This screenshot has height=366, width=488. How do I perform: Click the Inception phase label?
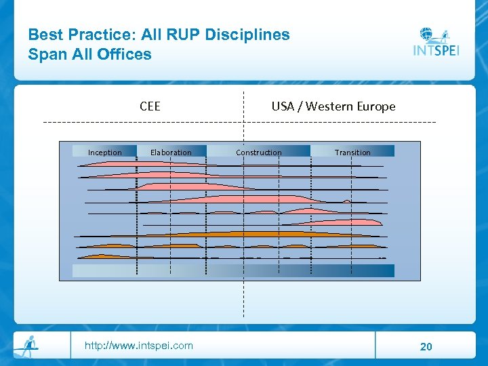tap(105, 152)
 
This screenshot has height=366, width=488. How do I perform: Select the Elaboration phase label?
tap(171, 152)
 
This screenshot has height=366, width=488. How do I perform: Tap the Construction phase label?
tap(258, 152)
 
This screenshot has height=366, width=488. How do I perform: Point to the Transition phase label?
tap(352, 152)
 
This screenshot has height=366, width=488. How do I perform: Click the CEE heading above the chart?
tap(150, 106)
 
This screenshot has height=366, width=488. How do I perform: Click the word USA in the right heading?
tap(283, 106)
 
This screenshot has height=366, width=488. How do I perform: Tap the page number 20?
tap(426, 347)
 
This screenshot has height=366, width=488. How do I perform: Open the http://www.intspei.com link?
tap(138, 346)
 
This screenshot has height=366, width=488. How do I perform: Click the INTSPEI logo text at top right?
tap(436, 50)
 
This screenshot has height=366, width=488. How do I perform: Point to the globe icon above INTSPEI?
tap(427, 33)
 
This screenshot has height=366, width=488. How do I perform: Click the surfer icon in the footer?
tap(27, 346)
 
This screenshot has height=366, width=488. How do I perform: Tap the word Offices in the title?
tap(123, 54)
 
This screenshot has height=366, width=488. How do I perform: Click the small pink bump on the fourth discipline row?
tap(347, 201)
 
